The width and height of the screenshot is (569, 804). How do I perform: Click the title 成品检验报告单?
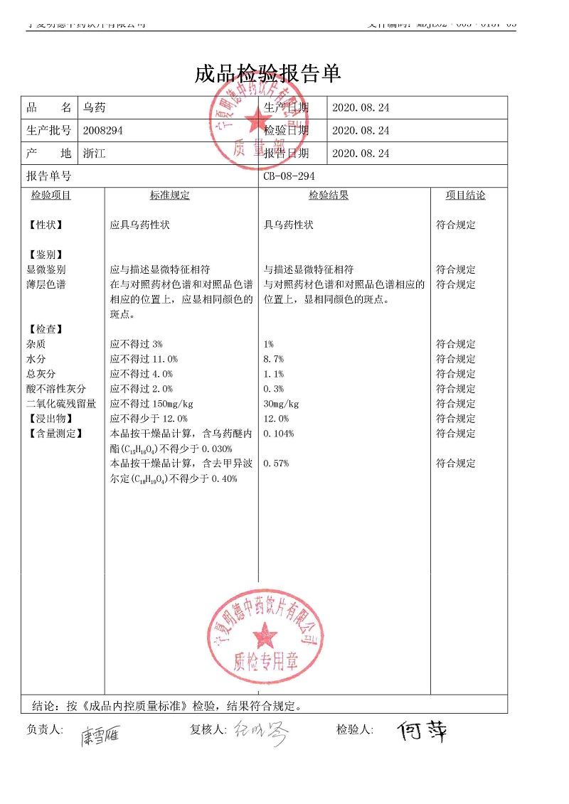[x=268, y=74]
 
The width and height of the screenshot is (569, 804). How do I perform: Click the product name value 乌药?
[x=95, y=108]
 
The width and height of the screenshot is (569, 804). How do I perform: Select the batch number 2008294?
[x=103, y=131]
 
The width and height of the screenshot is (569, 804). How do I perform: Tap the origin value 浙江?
[x=95, y=154]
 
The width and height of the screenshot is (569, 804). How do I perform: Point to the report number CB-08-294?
[x=289, y=176]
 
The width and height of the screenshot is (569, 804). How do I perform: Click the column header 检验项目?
[x=51, y=195]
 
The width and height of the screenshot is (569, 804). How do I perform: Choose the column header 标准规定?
[x=170, y=195]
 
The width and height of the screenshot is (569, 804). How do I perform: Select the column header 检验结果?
[x=329, y=195]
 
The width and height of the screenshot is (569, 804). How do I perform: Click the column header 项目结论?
[x=466, y=195]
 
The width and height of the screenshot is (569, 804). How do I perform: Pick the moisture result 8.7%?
[x=274, y=360]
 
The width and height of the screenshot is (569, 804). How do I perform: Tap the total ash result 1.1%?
[x=274, y=375]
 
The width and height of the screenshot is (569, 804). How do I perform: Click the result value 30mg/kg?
[x=281, y=404]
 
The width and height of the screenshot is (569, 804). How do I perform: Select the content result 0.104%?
[x=279, y=434]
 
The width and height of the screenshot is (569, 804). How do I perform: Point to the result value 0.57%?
[x=276, y=464]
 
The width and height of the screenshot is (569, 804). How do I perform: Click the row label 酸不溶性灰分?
[x=56, y=390]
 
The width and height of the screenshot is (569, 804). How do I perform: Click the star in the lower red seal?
[x=266, y=631]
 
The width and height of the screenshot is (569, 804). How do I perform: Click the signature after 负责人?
[x=100, y=735]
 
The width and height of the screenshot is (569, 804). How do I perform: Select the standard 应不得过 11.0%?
[x=144, y=360]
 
